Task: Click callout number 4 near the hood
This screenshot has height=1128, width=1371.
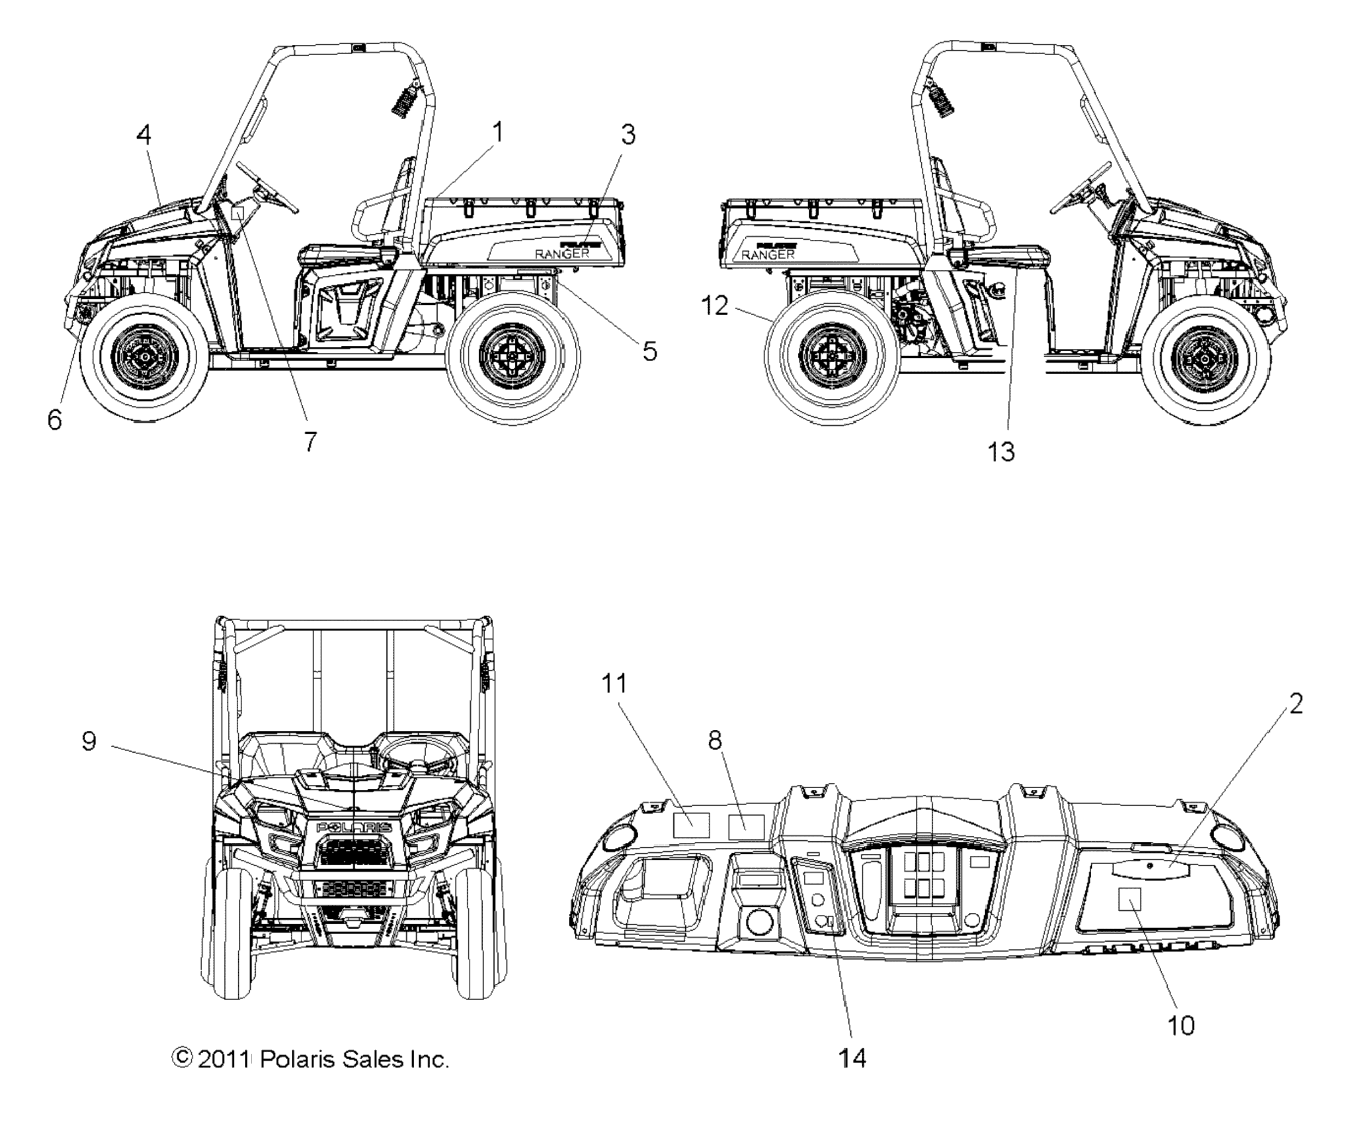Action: point(144,135)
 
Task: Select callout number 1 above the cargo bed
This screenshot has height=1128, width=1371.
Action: point(497,133)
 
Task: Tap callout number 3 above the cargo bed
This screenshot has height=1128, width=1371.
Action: point(627,134)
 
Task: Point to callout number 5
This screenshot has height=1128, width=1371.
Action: point(649,352)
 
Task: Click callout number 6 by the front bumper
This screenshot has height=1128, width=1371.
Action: point(55,420)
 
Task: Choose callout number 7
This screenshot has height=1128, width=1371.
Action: point(311,442)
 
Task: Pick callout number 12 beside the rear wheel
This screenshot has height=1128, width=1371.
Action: point(714,305)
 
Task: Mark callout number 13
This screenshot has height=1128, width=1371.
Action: point(1001,452)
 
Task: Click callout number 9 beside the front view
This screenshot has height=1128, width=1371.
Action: point(89,741)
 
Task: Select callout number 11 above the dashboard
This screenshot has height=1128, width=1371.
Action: point(614,683)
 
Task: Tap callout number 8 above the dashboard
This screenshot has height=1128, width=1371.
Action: point(714,740)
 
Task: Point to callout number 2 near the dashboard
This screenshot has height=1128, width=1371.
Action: point(1296,704)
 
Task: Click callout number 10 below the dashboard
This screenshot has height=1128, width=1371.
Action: point(1180,1025)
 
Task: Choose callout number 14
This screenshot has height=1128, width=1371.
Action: point(852,1058)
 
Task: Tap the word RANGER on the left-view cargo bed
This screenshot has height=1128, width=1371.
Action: point(562,253)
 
